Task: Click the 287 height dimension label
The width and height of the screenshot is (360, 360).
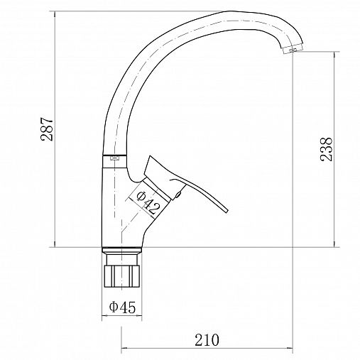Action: pyautogui.click(x=47, y=129)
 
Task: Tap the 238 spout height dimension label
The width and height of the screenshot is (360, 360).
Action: pyautogui.click(x=326, y=149)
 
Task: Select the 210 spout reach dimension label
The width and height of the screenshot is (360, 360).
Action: pyautogui.click(x=207, y=340)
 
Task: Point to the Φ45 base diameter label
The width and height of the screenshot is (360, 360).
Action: pyautogui.click(x=122, y=307)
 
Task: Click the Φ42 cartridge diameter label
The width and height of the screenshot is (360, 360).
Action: pyautogui.click(x=148, y=202)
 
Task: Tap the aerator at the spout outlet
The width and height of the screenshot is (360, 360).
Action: pyautogui.click(x=293, y=49)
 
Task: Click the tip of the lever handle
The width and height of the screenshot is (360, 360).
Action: pyautogui.click(x=227, y=212)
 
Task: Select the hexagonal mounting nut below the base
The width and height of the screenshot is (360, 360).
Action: pyautogui.click(x=122, y=276)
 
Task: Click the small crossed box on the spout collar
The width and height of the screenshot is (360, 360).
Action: pyautogui.click(x=114, y=158)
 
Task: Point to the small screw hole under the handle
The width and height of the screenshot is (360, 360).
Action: pyautogui.click(x=178, y=195)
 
